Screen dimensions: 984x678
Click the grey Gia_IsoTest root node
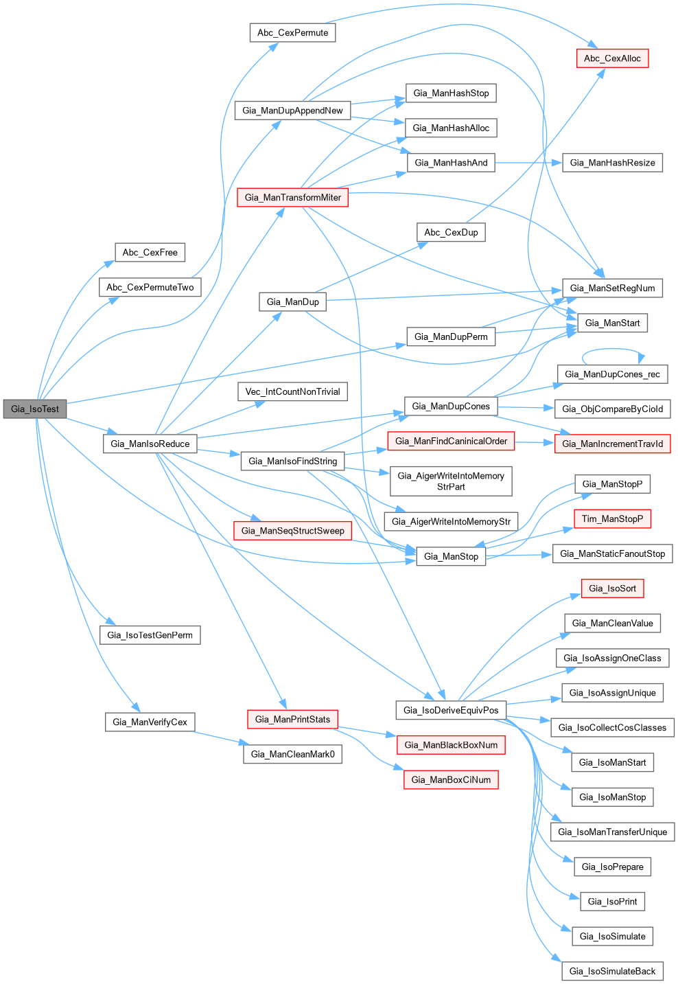(x=35, y=409)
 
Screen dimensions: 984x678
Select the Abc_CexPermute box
(x=292, y=32)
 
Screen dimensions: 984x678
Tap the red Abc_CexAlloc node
(x=612, y=58)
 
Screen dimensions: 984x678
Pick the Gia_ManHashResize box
(x=612, y=163)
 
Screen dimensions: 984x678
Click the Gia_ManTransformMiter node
(x=292, y=197)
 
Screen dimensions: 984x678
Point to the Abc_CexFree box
(x=150, y=252)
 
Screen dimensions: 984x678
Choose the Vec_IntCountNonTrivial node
(x=292, y=391)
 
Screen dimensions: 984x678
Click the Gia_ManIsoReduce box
(x=150, y=444)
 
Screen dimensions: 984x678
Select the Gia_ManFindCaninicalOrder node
(x=451, y=441)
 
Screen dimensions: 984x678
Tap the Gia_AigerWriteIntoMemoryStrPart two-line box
(x=451, y=481)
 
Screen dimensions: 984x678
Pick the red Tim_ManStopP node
(x=612, y=518)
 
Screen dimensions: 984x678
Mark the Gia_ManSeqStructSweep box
(x=292, y=530)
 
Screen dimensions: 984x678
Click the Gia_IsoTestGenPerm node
(x=150, y=634)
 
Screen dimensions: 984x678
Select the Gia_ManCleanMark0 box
(x=292, y=754)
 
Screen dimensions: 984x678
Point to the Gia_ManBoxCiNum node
(x=451, y=779)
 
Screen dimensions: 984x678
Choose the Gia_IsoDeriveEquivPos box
(x=451, y=710)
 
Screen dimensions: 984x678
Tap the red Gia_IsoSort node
(x=612, y=588)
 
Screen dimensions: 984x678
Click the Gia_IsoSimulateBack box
(x=612, y=971)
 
